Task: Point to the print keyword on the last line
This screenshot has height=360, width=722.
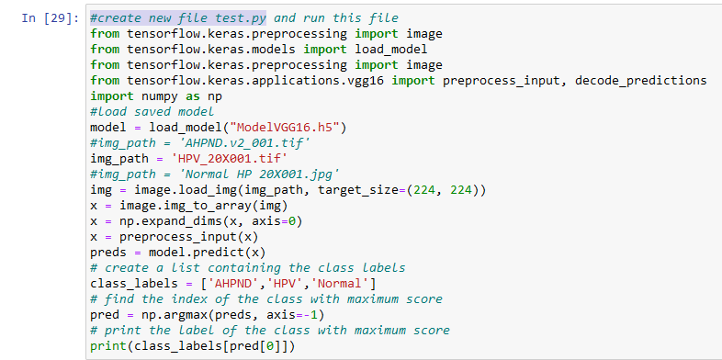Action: tap(108, 344)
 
